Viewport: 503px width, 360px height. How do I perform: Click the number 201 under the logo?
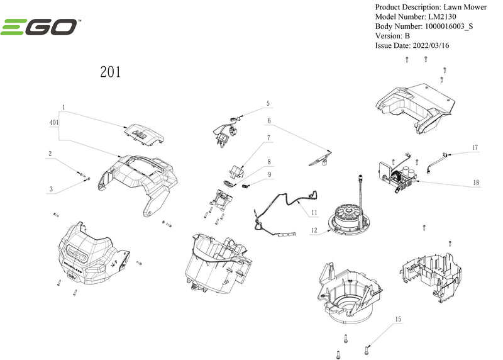111,72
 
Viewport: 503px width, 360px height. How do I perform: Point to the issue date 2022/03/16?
430,45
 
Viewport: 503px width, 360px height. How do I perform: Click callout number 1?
64,108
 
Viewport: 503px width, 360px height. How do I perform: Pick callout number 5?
267,103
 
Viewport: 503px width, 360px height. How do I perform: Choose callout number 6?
268,120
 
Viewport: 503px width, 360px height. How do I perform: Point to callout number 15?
398,320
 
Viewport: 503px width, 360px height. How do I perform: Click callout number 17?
475,147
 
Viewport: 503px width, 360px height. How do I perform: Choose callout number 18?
476,183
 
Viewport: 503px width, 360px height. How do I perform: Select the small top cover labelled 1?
144,132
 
